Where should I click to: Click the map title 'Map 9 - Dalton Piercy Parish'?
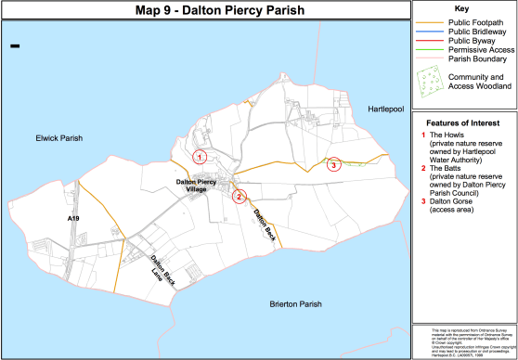(205, 10)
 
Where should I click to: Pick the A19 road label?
(74, 217)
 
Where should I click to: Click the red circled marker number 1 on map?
(199, 157)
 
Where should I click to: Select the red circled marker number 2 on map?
(239, 196)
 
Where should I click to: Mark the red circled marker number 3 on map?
(334, 165)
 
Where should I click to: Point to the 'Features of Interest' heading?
(464, 122)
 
